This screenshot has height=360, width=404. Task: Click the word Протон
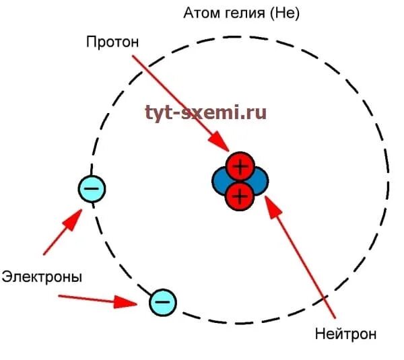112,42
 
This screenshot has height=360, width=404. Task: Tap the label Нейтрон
345,334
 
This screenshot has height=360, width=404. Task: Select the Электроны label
42,277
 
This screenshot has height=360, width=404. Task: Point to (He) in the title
283,13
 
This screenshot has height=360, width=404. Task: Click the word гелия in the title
243,13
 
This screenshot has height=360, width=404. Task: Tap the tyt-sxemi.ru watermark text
205,112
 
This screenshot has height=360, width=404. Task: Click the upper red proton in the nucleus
239,166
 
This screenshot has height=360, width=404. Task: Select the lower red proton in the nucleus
239,196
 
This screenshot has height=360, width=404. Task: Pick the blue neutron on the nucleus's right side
259,181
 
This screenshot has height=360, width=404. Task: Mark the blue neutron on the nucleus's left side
220,181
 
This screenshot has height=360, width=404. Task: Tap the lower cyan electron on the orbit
162,302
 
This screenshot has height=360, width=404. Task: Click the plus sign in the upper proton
239,166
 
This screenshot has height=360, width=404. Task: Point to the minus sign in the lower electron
162,302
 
